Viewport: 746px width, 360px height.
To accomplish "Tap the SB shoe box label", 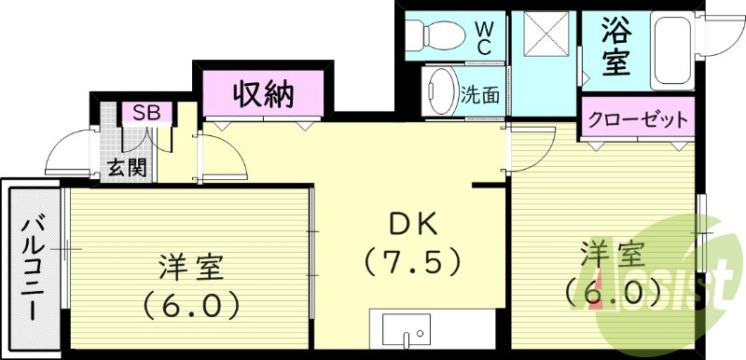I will pos(146,114).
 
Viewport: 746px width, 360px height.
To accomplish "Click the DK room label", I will pos(410,224).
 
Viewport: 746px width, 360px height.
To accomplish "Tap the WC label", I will pos(485,35).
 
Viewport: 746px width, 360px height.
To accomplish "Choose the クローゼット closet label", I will pos(638,118).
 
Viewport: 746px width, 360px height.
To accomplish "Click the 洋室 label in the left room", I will pos(189,268).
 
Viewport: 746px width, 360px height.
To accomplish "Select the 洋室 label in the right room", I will pos(612,254).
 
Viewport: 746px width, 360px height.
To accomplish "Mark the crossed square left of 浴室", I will pos(544,36).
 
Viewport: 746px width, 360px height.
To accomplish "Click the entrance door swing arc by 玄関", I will pos(73,151).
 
